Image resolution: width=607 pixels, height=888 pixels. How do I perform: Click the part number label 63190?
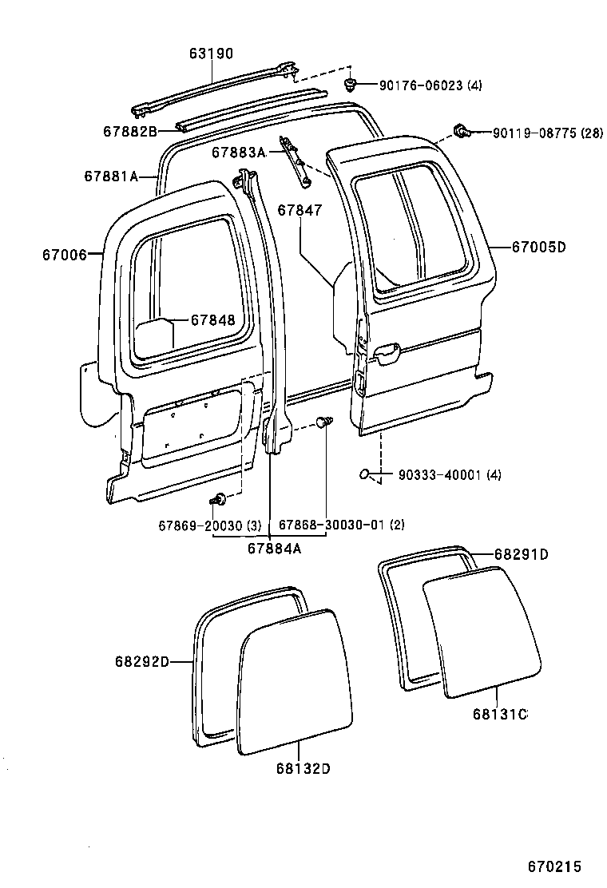pyautogui.click(x=212, y=54)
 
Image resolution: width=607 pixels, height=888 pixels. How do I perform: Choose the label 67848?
pyautogui.click(x=212, y=319)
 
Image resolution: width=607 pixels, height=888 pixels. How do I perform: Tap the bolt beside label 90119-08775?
pyautogui.click(x=460, y=129)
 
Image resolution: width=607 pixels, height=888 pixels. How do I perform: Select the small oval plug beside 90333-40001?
pyautogui.click(x=364, y=474)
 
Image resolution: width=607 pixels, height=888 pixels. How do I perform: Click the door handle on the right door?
pyautogui.click(x=387, y=351)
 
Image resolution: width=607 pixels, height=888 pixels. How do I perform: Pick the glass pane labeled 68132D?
pyautogui.click(x=296, y=679)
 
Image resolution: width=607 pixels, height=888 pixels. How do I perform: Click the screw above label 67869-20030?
pyautogui.click(x=217, y=500)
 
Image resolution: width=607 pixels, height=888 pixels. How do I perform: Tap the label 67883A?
pyautogui.click(x=238, y=152)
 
